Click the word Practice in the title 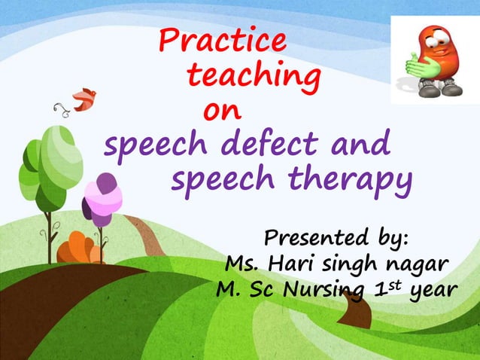tap(223, 40)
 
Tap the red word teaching tap(252, 76)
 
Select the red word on tap(223, 111)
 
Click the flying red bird tap(84, 98)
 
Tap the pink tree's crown tap(103, 196)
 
